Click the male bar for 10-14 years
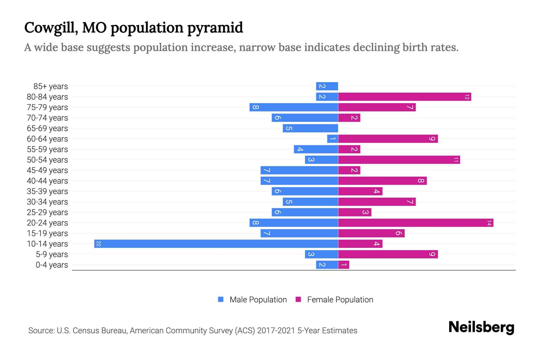216,244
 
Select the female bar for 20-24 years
415,223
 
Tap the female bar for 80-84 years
404,97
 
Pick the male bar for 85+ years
327,86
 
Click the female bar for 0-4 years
344,265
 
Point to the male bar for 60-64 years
332,139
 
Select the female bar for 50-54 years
399,160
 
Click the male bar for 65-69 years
310,128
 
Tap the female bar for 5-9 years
388,254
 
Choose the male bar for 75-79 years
294,107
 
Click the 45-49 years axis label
47,170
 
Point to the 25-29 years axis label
47,212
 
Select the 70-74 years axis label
47,118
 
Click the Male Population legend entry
258,300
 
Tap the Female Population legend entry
340,300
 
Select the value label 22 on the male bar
98,244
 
